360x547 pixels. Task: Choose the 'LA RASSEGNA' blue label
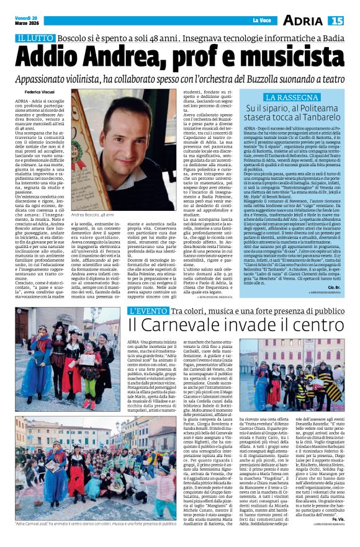tap(287, 98)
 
